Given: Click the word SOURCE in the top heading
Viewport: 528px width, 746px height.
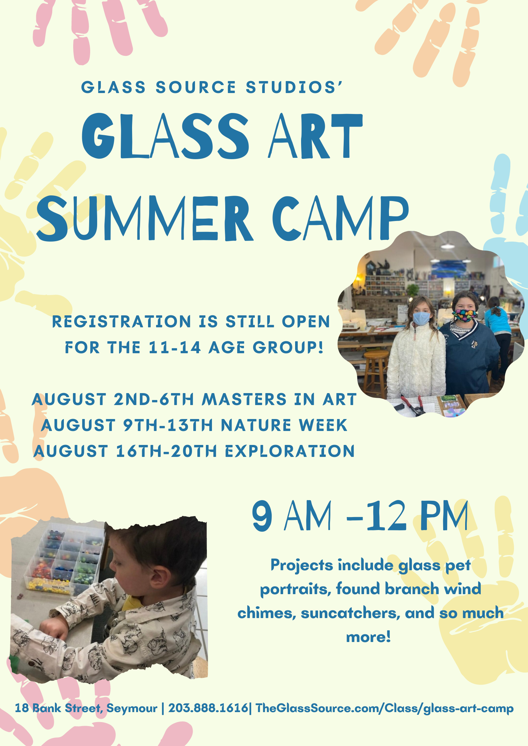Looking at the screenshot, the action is click(x=196, y=87).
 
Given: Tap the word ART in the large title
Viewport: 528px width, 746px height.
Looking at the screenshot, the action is click(x=315, y=136).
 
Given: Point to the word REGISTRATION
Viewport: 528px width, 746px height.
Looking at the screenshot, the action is click(x=121, y=322).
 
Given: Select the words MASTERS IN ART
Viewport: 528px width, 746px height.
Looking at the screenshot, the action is click(x=279, y=399).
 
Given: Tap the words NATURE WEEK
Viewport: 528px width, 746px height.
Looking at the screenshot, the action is click(x=284, y=425).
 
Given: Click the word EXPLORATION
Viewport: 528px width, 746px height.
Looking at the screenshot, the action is click(x=290, y=451).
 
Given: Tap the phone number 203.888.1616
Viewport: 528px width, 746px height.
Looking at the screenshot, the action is click(x=208, y=708).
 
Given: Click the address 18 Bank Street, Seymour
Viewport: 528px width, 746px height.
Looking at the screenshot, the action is click(x=86, y=708).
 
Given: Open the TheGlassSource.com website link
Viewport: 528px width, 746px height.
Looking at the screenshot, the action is click(x=385, y=708).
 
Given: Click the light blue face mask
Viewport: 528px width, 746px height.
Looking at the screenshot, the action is click(x=421, y=318).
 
